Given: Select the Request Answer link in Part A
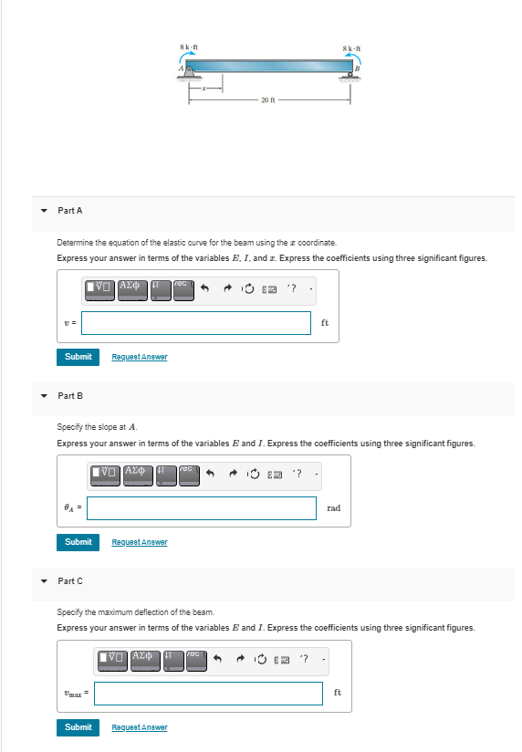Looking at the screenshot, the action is [139, 357].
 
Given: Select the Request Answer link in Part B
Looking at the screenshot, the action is [139, 542].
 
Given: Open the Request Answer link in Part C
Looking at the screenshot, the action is [139, 727].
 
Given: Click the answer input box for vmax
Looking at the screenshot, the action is [208, 694].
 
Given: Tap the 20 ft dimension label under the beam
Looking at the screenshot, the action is [267, 99].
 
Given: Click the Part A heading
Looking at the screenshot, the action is [70, 211].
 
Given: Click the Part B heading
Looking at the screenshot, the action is [70, 396].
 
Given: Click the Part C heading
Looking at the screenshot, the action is [70, 581].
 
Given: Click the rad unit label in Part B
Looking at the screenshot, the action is [333, 508].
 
